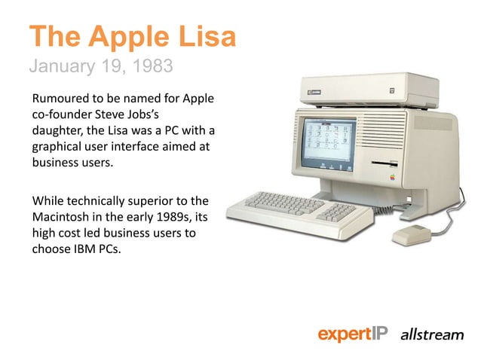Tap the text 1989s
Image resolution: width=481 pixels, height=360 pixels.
tap(185, 218)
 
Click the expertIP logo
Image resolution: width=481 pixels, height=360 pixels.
tap(353, 334)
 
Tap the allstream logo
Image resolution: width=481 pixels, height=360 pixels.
tap(431, 334)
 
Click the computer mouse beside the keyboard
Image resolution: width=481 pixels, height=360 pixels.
tap(408, 234)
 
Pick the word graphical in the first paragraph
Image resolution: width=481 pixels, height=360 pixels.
tap(56, 147)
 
